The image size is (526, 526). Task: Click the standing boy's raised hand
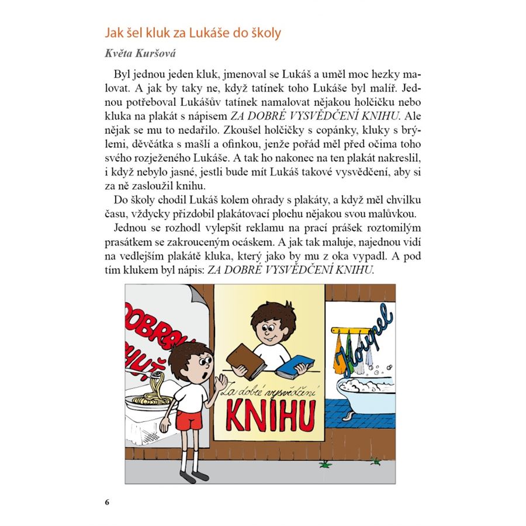(x=220, y=382)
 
